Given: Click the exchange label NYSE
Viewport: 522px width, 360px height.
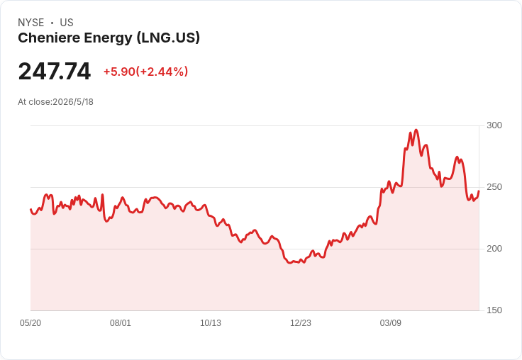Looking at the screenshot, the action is pyautogui.click(x=31, y=23).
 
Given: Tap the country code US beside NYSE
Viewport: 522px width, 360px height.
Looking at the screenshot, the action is pyautogui.click(x=67, y=23).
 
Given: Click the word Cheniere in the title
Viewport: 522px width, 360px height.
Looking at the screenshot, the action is pyautogui.click(x=49, y=38).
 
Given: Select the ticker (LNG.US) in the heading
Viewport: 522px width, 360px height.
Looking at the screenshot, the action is pyautogui.click(x=169, y=38).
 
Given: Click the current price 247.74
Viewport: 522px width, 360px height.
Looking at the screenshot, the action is pyautogui.click(x=55, y=71).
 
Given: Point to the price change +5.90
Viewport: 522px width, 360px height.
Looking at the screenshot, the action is pyautogui.click(x=119, y=72).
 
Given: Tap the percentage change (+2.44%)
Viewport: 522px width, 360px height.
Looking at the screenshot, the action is pyautogui.click(x=162, y=72).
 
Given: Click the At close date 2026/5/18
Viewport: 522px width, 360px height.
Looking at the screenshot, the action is pyautogui.click(x=73, y=102).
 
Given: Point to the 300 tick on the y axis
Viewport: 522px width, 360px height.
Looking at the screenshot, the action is pyautogui.click(x=494, y=125).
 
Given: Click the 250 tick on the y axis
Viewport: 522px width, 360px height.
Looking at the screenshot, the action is pyautogui.click(x=494, y=187).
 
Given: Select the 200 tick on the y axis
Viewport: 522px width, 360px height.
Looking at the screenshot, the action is pyautogui.click(x=494, y=249).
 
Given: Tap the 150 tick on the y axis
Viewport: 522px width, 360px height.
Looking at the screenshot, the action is pyautogui.click(x=494, y=310).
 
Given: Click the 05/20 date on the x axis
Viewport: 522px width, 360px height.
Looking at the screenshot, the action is pyautogui.click(x=30, y=323).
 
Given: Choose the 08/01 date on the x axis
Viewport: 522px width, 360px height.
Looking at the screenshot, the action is pyautogui.click(x=121, y=323).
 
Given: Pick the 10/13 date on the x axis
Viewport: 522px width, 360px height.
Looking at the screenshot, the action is pyautogui.click(x=211, y=323).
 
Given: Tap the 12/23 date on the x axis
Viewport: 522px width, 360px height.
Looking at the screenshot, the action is pyautogui.click(x=301, y=323).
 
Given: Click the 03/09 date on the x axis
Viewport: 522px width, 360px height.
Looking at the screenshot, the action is pyautogui.click(x=391, y=323).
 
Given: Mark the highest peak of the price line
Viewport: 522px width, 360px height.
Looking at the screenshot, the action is pyautogui.click(x=416, y=130).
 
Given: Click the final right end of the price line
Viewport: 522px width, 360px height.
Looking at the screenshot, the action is pyautogui.click(x=479, y=191).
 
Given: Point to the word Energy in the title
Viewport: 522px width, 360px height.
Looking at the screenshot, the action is pyautogui.click(x=109, y=38).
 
